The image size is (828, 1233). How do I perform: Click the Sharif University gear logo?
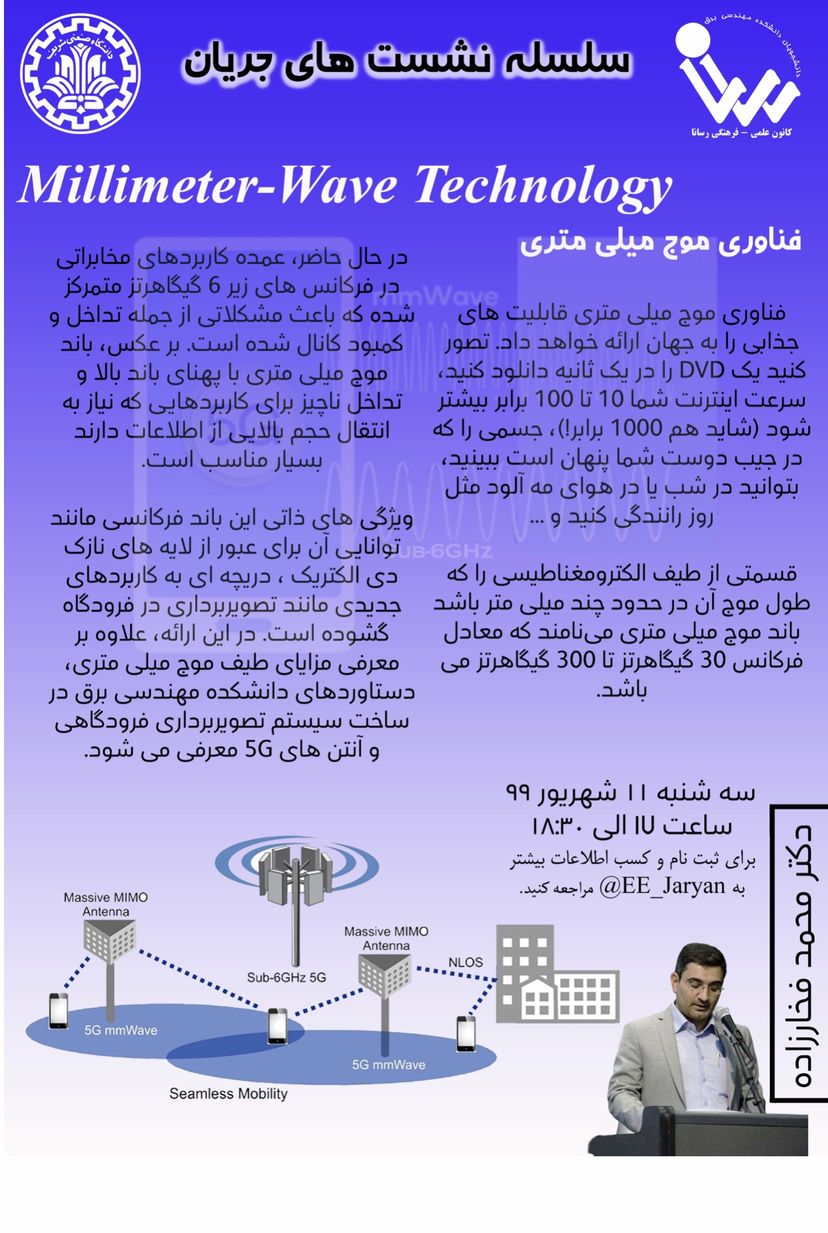coord(80,73)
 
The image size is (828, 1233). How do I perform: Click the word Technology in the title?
coord(543,186)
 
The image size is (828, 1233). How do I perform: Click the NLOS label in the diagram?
coord(465,962)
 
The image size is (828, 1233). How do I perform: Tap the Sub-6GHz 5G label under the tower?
coord(286,978)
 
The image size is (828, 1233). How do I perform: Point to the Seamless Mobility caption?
coord(228,1094)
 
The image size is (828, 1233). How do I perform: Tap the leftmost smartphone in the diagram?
coord(59,1011)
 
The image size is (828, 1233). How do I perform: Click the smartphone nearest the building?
coord(466,1034)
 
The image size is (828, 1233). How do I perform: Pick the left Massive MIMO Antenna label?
coord(105,904)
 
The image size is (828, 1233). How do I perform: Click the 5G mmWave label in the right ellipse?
coord(389,1065)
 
